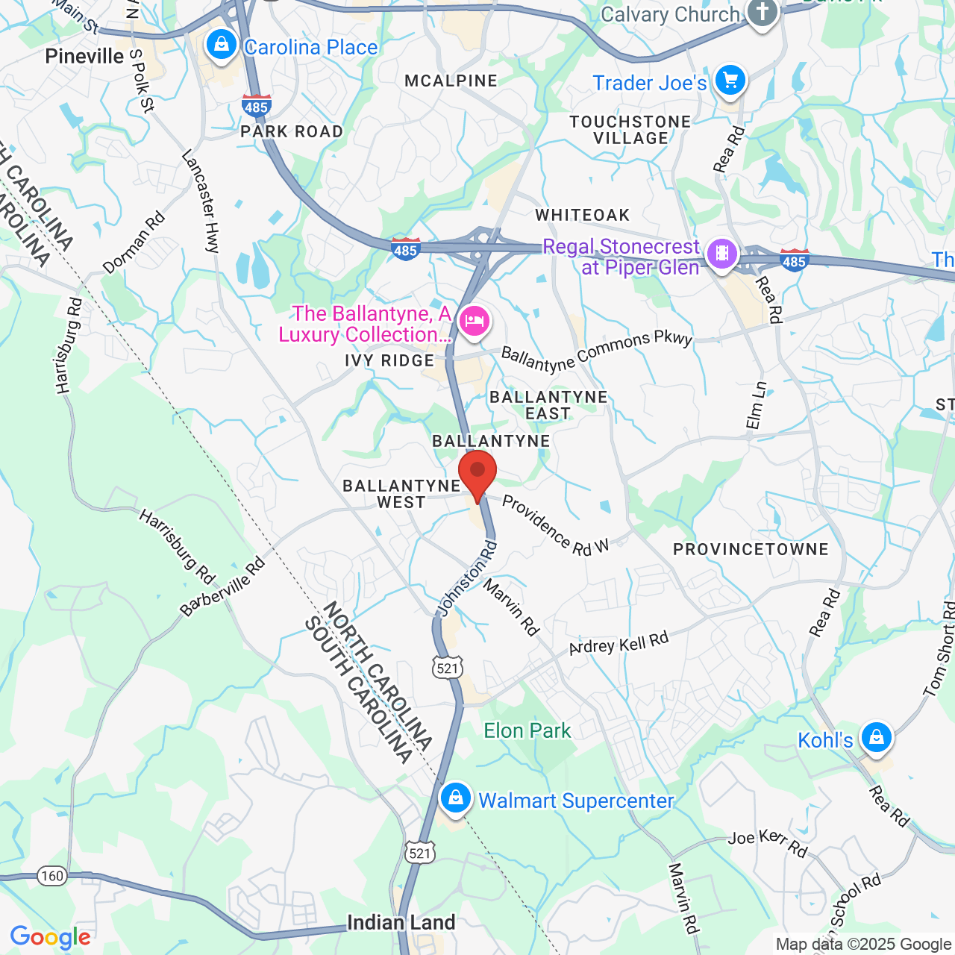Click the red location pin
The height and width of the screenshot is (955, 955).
click(477, 475)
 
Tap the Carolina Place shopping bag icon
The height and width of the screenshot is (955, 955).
click(222, 45)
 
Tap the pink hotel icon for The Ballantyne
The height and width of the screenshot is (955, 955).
click(474, 322)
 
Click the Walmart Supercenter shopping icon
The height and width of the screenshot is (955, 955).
click(455, 798)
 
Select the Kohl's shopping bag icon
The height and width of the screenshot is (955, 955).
click(876, 738)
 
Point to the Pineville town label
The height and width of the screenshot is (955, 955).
click(84, 57)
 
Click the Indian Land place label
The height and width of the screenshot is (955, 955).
click(401, 923)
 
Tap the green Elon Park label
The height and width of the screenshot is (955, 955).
click(527, 731)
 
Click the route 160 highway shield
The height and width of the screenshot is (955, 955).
click(52, 876)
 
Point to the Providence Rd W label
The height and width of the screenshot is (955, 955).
click(555, 526)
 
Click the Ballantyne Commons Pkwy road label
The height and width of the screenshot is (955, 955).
click(597, 351)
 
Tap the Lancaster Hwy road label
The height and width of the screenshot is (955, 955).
click(201, 201)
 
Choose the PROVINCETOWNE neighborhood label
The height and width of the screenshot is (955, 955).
click(751, 550)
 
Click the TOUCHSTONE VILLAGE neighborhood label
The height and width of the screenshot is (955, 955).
click(630, 130)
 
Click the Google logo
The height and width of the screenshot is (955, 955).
click(51, 938)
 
